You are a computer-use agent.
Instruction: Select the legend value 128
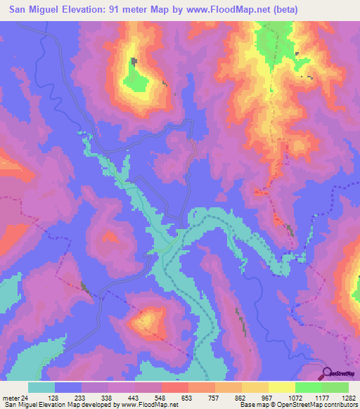click(x=68, y=397)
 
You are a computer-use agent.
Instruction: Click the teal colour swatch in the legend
click(x=41, y=387)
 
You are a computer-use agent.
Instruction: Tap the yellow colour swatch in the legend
click(x=282, y=387)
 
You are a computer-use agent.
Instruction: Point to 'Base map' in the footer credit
click(x=251, y=405)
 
